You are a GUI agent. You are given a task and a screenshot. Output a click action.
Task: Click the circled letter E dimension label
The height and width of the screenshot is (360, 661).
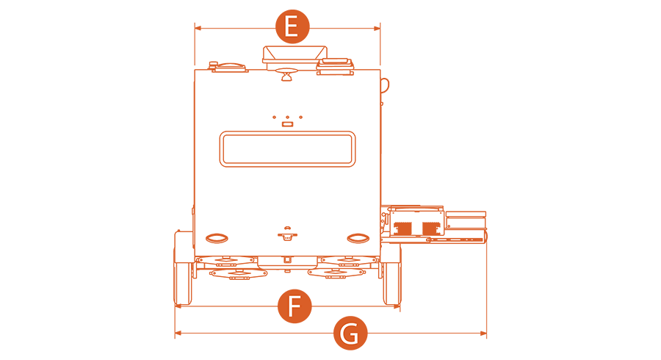point(292,26)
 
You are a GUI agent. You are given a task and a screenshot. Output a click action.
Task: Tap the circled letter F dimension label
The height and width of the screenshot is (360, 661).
point(295,306)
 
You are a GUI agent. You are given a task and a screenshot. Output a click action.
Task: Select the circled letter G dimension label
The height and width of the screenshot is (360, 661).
point(350,333)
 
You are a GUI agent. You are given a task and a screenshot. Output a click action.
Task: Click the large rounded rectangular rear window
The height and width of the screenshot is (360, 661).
point(287,149)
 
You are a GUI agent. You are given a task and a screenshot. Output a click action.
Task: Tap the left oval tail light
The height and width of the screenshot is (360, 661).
point(217,239)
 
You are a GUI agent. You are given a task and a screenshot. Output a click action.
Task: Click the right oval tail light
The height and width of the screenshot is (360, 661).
point(358,239)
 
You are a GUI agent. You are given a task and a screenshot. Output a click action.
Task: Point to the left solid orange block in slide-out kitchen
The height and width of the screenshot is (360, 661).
point(402,228)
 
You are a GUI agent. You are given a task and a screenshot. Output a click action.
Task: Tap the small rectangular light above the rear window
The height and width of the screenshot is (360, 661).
point(287,124)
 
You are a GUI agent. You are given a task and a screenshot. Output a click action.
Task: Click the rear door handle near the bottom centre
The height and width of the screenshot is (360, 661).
point(287,235)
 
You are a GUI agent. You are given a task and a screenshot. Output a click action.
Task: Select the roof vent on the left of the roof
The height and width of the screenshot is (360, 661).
point(228,67)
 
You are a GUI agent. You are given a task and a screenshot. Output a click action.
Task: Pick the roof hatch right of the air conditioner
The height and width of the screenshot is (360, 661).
point(335,66)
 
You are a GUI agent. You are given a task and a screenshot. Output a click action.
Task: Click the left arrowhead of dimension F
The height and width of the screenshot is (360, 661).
point(178,306)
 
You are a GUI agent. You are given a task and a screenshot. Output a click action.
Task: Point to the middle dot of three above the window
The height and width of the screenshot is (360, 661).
point(287,118)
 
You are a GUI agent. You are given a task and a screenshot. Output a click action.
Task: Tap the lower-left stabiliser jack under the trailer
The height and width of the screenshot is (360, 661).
point(238,274)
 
